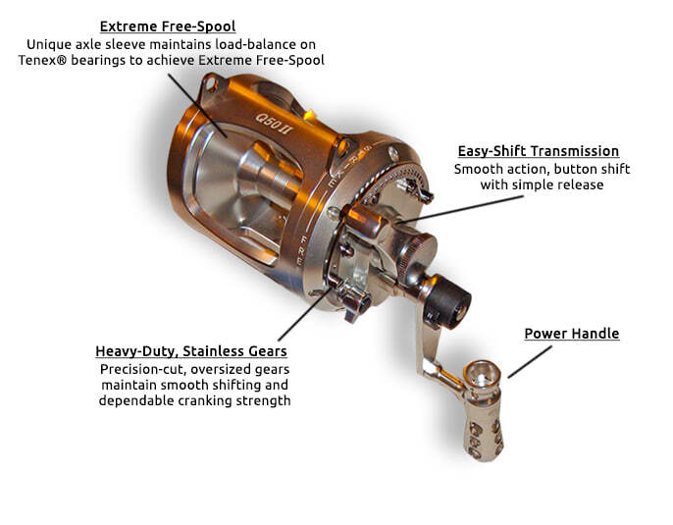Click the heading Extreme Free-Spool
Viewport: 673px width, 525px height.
pyautogui.click(x=167, y=26)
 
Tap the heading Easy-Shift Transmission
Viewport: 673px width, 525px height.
pyautogui.click(x=539, y=151)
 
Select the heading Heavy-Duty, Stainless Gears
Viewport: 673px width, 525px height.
pyautogui.click(x=191, y=351)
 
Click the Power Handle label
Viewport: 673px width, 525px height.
pyautogui.click(x=571, y=334)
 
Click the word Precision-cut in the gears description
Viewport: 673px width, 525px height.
pyautogui.click(x=143, y=369)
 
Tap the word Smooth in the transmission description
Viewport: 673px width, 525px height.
pyautogui.click(x=477, y=169)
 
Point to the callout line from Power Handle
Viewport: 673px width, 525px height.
pyautogui.click(x=531, y=361)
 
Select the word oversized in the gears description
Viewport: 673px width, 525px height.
pyautogui.click(x=220, y=369)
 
